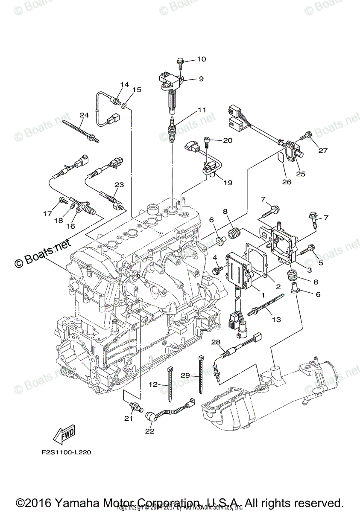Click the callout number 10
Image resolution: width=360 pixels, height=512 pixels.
coord(201,59)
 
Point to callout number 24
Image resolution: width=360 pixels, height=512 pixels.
coord(84,115)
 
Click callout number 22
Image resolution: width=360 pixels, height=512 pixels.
coord(149,431)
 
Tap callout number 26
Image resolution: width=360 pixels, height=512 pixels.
coord(287,182)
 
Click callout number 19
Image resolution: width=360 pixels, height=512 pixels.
coord(228,183)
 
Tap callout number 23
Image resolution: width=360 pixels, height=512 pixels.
coord(119,185)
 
